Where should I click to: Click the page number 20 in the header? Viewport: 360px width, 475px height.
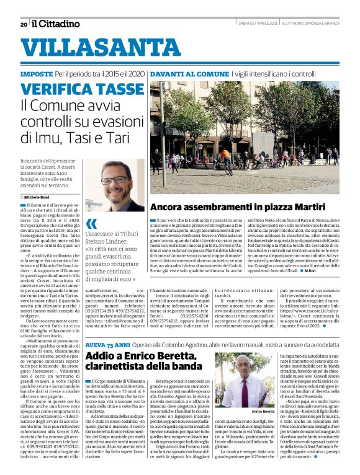coord(24,24)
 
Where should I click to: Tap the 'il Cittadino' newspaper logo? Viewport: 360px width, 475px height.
coord(56,24)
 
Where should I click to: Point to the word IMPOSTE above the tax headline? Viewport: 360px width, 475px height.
coord(36,74)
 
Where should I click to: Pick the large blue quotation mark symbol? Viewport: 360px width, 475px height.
coord(91,223)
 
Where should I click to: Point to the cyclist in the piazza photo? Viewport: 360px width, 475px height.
coord(228,162)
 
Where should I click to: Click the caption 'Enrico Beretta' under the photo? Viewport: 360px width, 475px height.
coord(264,412)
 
